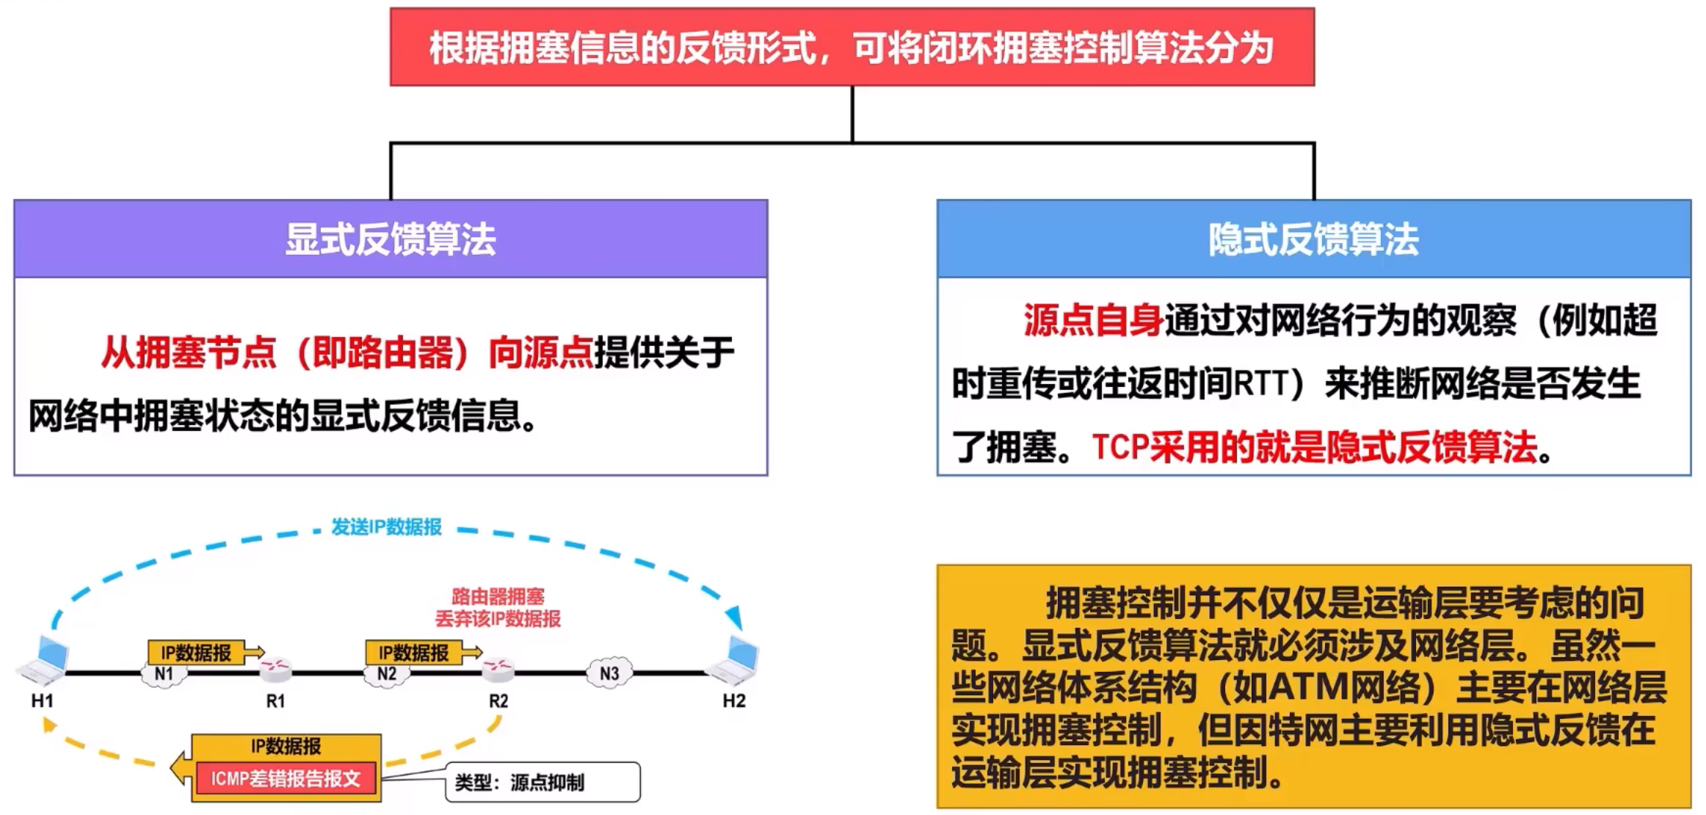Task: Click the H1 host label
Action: pyautogui.click(x=42, y=700)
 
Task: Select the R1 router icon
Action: pyautogui.click(x=276, y=668)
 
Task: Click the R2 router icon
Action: pyautogui.click(x=498, y=668)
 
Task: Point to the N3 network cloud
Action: pyautogui.click(x=609, y=673)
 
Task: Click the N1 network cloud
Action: pyautogui.click(x=164, y=673)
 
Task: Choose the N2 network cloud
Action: pyautogui.click(x=387, y=673)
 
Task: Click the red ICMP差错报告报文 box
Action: pyautogui.click(x=286, y=779)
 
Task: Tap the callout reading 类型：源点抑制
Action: pyautogui.click(x=542, y=782)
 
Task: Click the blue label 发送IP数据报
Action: pyautogui.click(x=386, y=527)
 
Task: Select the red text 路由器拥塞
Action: pyautogui.click(x=498, y=596)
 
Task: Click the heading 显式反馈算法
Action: pyautogui.click(x=391, y=239)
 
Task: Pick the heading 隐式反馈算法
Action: pyautogui.click(x=1314, y=239)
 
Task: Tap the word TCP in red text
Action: pyautogui.click(x=1120, y=446)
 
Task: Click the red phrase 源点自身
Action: pyautogui.click(x=1094, y=320)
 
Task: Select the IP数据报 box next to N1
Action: pyautogui.click(x=196, y=652)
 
